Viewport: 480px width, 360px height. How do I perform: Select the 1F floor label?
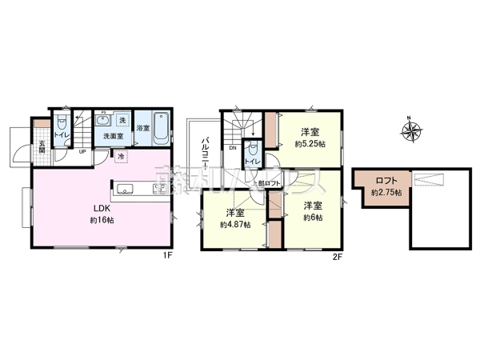point(166,256)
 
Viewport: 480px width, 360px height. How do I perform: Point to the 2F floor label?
point(338,256)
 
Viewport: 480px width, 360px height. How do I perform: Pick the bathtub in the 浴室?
point(161,126)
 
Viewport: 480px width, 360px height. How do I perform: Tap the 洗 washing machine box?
point(122,121)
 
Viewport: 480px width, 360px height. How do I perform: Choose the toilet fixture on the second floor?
point(252,149)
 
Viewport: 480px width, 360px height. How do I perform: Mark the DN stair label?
point(232,148)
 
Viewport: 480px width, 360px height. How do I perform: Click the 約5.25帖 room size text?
point(310,145)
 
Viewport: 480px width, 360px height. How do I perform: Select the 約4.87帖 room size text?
point(235,225)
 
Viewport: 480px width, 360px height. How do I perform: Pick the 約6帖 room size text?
point(310,219)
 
